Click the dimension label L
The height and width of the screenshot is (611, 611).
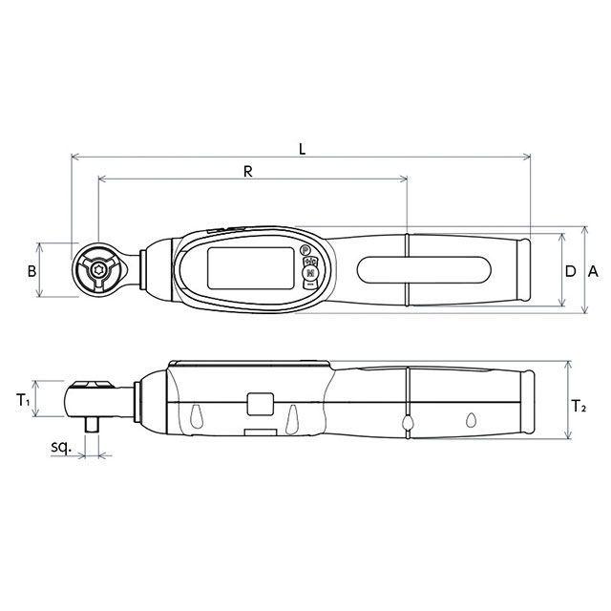click(x=302, y=148)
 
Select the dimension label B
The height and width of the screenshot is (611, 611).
click(x=31, y=271)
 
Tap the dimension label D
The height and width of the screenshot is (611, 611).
click(x=570, y=271)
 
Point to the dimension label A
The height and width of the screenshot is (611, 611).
click(x=593, y=271)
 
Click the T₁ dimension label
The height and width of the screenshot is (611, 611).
click(x=24, y=402)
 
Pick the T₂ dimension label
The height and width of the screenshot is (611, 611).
click(x=579, y=406)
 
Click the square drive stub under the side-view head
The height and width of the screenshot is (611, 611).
click(x=93, y=422)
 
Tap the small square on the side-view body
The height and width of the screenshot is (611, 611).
click(x=259, y=405)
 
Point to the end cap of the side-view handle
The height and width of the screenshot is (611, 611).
click(x=532, y=405)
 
